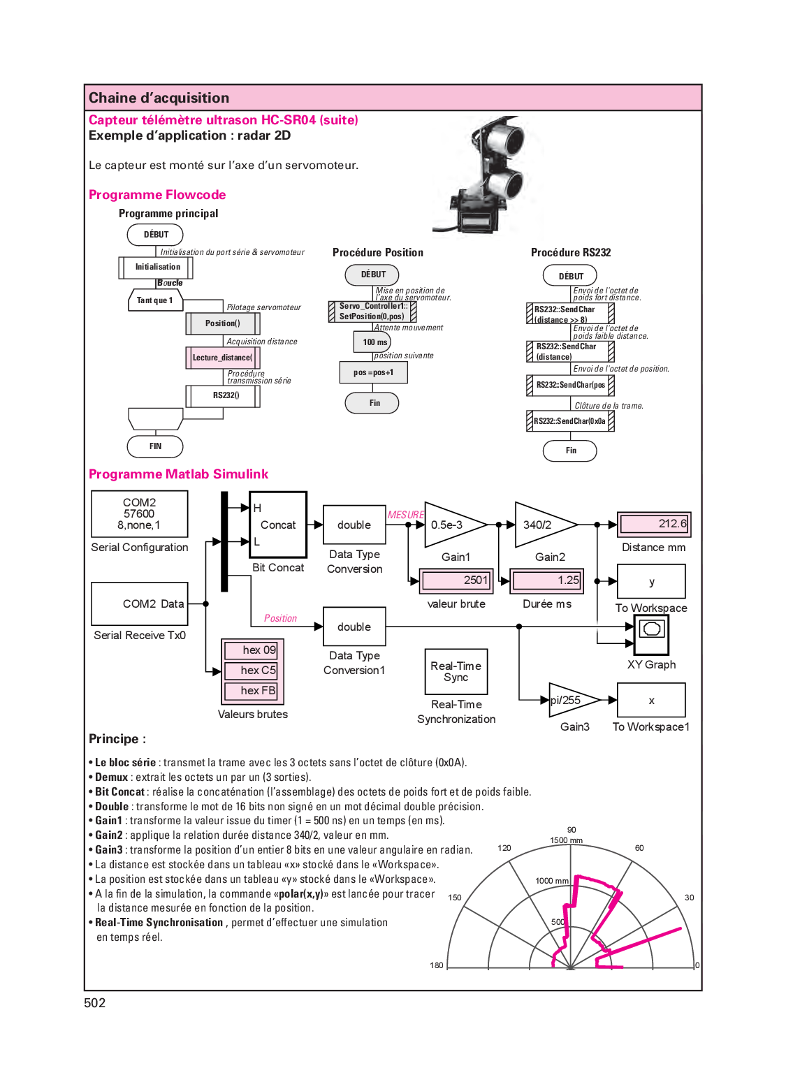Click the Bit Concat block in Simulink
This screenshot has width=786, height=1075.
278,525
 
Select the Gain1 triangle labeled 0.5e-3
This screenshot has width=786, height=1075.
451,525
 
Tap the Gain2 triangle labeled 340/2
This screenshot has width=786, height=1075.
541,525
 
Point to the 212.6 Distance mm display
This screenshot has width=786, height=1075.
654,524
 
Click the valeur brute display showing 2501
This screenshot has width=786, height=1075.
456,580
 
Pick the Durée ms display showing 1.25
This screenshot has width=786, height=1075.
547,580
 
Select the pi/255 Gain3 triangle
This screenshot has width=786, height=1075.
569,701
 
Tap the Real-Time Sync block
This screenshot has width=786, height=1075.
456,672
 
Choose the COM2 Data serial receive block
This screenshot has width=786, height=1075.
140,604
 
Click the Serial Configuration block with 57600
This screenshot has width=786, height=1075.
140,513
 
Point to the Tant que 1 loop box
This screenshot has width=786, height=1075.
155,300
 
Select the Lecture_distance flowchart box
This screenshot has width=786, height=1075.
222,358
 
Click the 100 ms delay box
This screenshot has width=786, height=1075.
372,342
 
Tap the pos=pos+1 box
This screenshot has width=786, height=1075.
373,372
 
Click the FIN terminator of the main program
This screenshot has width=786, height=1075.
155,446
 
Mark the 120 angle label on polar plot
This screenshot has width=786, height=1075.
504,848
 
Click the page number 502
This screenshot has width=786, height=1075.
95,1003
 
